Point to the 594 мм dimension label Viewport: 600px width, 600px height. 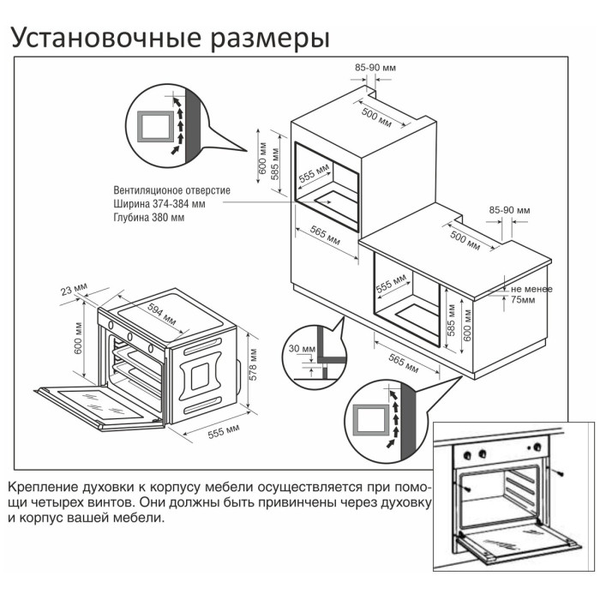[x=162, y=315]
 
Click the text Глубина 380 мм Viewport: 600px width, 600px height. [x=147, y=218]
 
